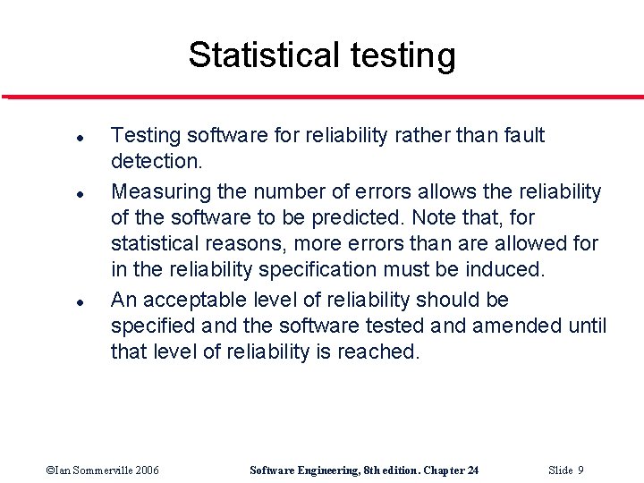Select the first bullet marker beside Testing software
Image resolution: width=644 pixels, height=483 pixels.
[x=55, y=140]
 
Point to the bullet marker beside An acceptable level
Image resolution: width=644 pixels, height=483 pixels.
[x=55, y=302]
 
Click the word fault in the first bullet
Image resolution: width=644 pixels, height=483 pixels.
[x=523, y=135]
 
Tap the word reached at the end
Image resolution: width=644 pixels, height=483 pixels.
[x=377, y=352]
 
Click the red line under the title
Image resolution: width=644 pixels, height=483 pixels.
[x=322, y=97]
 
